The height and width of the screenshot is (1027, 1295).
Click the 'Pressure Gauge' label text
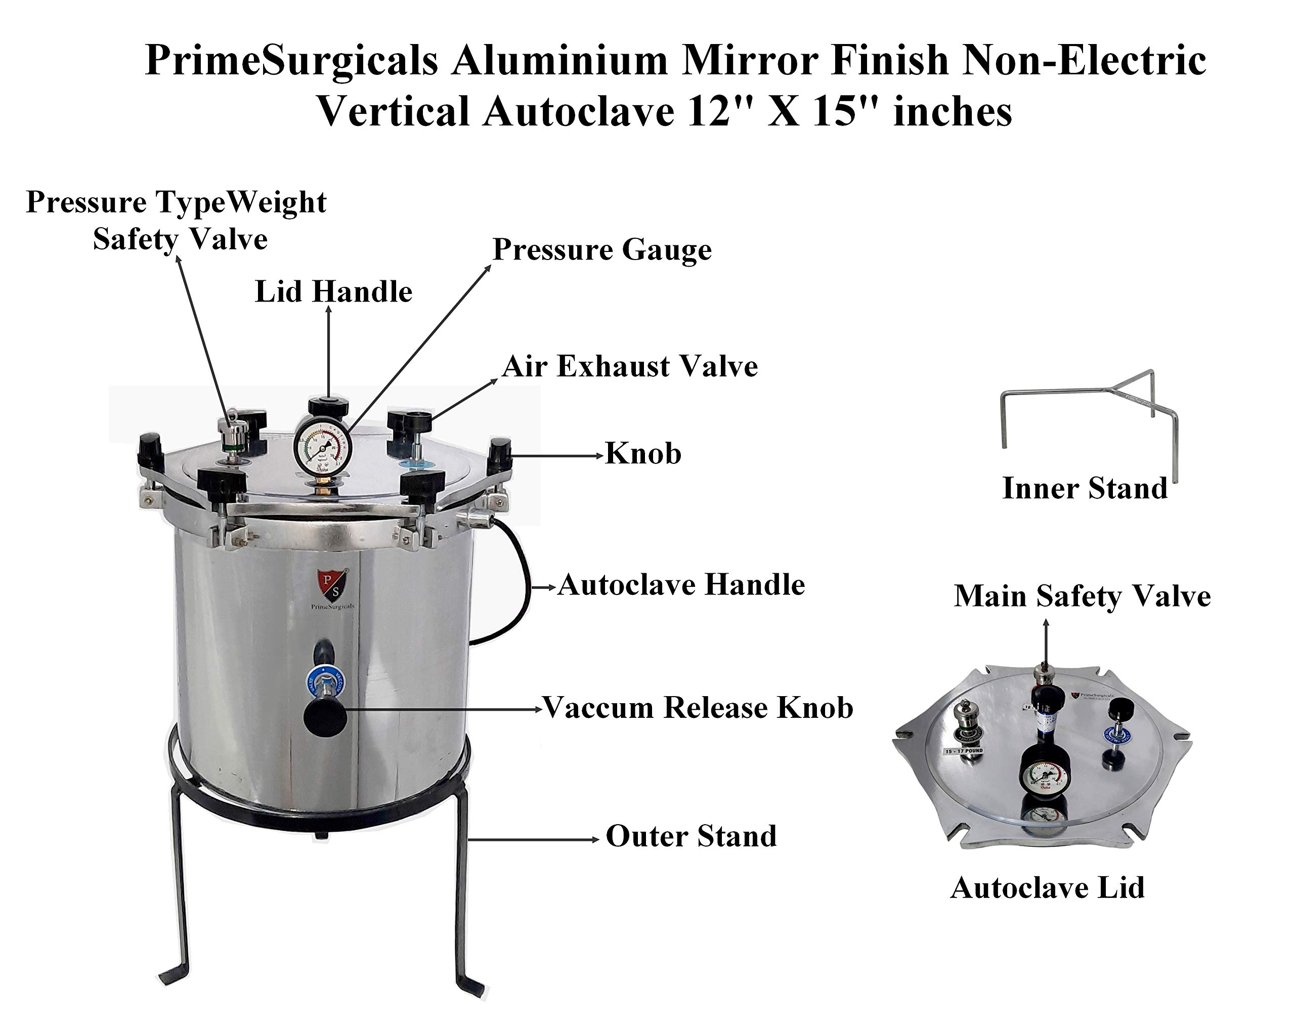601,250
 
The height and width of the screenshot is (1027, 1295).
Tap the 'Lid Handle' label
333,292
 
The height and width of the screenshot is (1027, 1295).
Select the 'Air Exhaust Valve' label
629,366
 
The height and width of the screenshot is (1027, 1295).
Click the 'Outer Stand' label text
690,836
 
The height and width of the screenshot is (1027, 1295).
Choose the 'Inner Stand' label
1084,488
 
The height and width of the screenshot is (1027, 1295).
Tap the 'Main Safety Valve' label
1082,596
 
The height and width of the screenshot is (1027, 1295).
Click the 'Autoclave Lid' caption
1047,888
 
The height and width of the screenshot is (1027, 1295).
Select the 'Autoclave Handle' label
681,585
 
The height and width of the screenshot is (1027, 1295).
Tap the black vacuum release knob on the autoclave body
325,717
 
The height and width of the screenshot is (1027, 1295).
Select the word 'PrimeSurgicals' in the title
291,61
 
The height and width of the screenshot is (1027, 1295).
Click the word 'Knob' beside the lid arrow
643,453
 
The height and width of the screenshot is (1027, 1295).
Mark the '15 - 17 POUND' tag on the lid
964,751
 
